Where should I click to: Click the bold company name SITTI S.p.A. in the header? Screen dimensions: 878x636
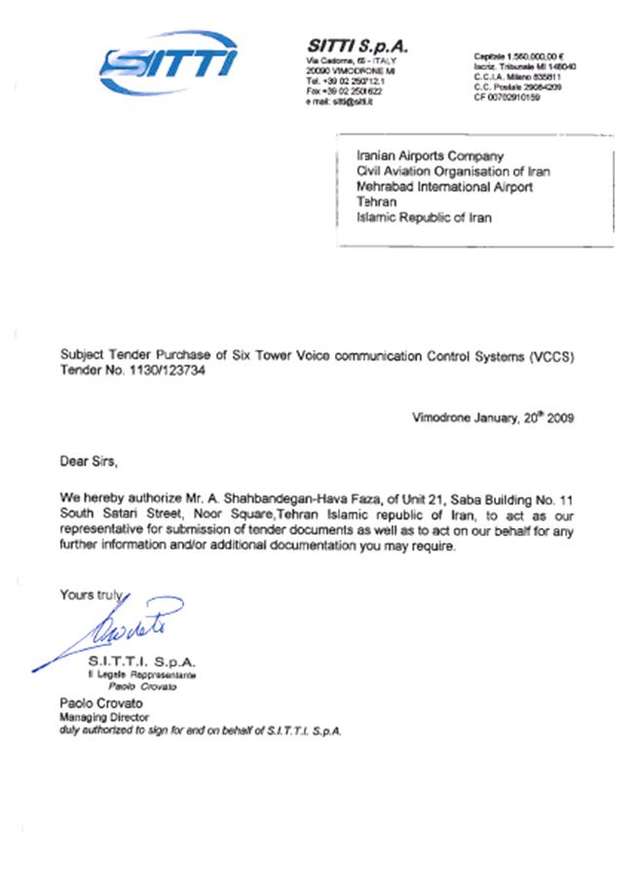357,47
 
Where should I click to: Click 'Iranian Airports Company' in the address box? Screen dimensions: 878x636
430,156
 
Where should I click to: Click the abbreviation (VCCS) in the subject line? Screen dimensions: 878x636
552,358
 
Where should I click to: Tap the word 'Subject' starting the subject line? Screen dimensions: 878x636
82,358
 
